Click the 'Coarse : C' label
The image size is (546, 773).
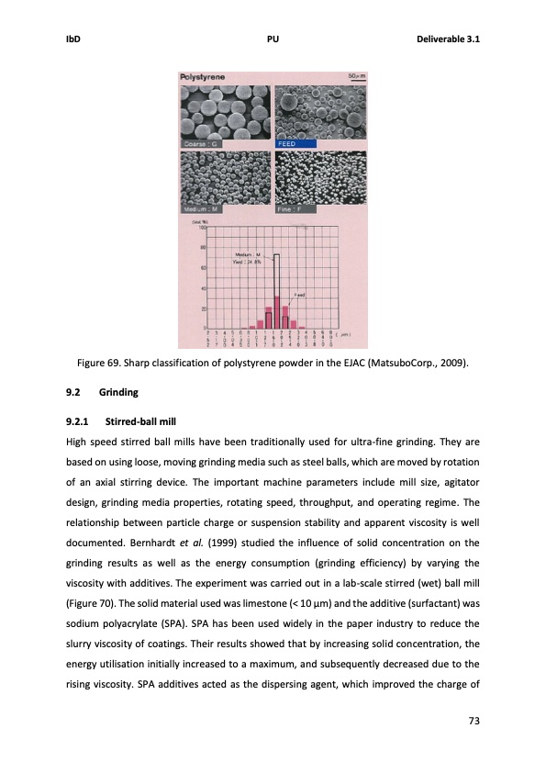pos(201,144)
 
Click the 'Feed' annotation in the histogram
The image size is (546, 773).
pos(298,295)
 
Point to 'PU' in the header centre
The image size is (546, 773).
pos(273,39)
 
